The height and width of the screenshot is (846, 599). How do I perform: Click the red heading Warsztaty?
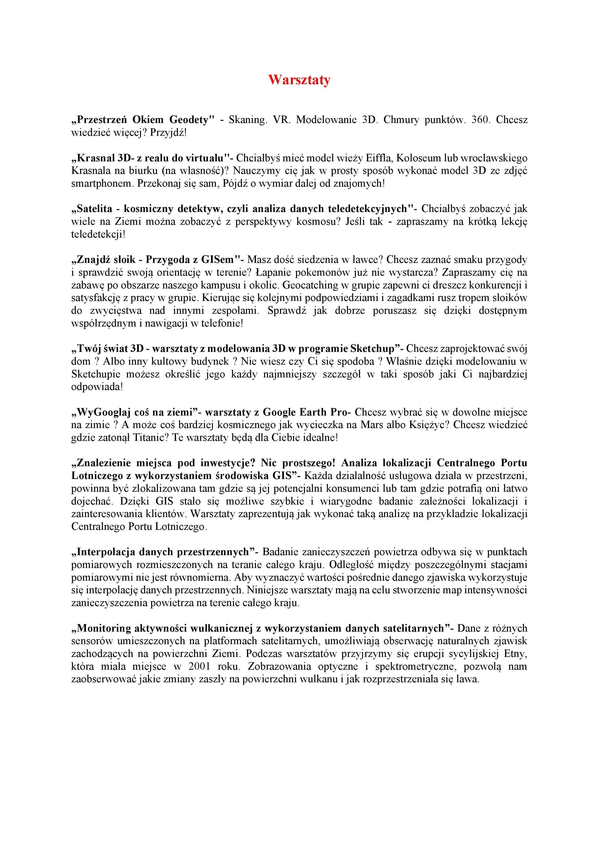(299, 80)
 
